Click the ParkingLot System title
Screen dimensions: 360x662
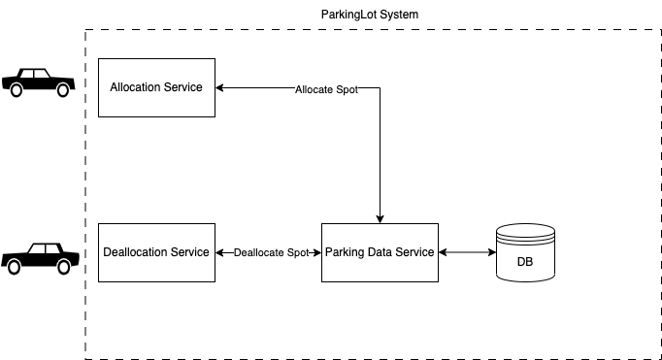369,15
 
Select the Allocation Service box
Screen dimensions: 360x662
156,87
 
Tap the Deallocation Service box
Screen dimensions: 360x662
156,252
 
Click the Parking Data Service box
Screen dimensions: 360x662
380,252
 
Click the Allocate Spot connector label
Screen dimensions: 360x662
326,88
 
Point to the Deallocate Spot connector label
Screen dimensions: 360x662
271,252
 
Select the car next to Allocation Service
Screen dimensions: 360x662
39,82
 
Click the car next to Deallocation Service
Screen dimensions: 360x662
39,256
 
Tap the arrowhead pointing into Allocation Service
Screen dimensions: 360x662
220,87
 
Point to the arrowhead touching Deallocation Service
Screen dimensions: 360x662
220,252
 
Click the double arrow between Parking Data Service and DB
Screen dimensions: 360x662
467,252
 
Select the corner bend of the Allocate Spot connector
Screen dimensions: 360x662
380,88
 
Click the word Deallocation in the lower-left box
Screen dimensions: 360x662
135,252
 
